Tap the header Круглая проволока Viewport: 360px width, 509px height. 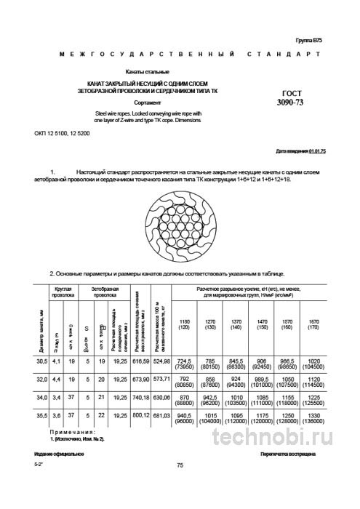click(63, 293)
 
